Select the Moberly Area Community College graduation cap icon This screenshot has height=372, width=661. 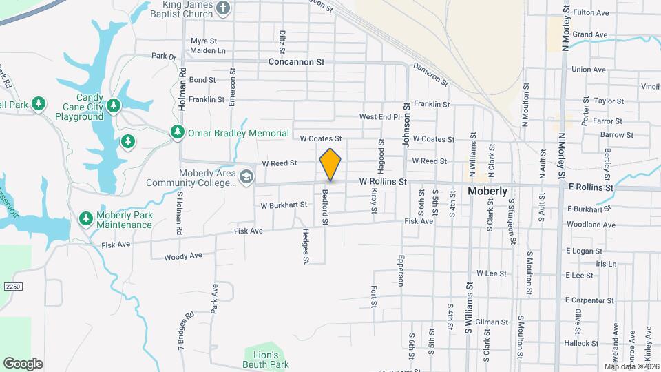coord(245,178)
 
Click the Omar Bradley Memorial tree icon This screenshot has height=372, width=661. coord(177,132)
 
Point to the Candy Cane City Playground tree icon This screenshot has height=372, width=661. coord(114,106)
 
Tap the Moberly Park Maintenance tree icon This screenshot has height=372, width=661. coord(85,218)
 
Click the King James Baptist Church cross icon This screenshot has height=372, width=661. coord(222,8)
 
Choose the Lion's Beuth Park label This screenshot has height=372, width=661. coord(265,359)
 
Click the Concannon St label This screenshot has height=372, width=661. coord(296,62)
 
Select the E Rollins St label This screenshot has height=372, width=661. coord(590,187)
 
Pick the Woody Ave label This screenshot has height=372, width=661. coord(183,256)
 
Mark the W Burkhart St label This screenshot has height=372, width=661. coord(284,205)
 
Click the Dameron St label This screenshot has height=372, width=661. coord(430,75)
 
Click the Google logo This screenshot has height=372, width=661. coord(23,363)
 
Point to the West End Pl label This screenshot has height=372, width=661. coord(379,117)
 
